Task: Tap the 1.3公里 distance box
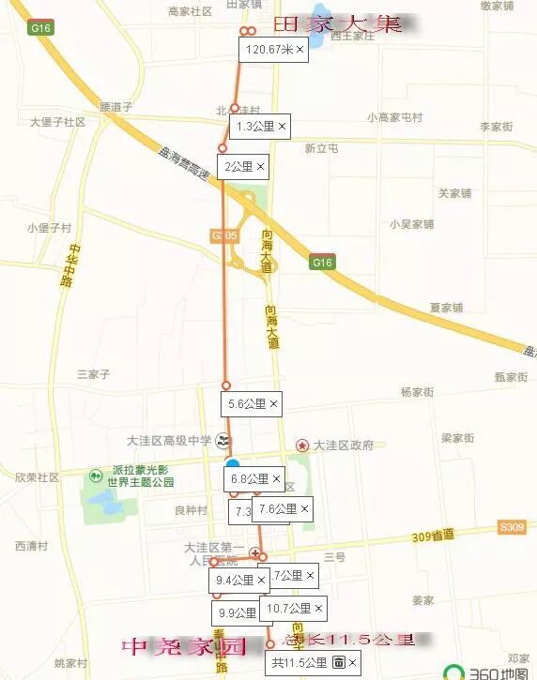(260, 126)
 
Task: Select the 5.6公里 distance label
(253, 404)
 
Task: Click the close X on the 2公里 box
(260, 167)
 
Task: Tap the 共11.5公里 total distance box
(313, 662)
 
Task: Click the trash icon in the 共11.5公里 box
(338, 662)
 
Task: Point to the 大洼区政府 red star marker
(302, 446)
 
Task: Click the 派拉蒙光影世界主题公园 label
(140, 476)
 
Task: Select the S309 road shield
(512, 528)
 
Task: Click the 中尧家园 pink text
(183, 646)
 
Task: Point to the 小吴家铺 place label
(411, 224)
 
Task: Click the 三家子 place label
(94, 374)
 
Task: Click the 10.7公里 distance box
(294, 609)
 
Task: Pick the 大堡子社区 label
(57, 122)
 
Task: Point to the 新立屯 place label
(321, 148)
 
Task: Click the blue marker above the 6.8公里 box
(232, 464)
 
